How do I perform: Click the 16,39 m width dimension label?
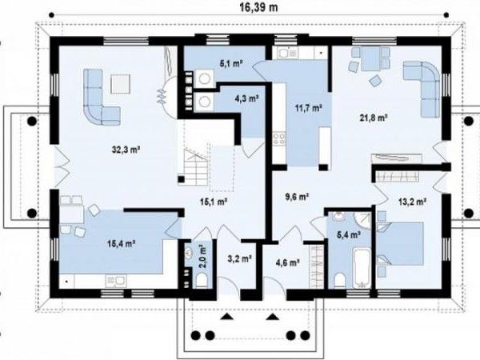coord(258,7)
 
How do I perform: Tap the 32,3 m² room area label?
coord(126,150)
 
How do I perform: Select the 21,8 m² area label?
coord(374,117)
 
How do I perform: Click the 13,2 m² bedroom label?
coord(413,202)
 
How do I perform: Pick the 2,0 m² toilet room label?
coord(202,256)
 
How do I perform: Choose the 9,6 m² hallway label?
coord(297,197)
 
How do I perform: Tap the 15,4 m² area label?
coord(122,244)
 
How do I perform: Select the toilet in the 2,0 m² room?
coord(201,281)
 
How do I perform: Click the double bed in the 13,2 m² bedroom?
coord(400,244)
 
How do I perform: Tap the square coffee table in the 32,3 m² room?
coord(120,84)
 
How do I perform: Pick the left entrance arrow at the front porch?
coord(227,317)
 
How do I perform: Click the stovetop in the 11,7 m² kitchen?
coord(279,138)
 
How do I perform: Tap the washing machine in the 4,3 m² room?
coord(203,101)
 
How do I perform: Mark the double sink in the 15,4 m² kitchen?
coord(116,282)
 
